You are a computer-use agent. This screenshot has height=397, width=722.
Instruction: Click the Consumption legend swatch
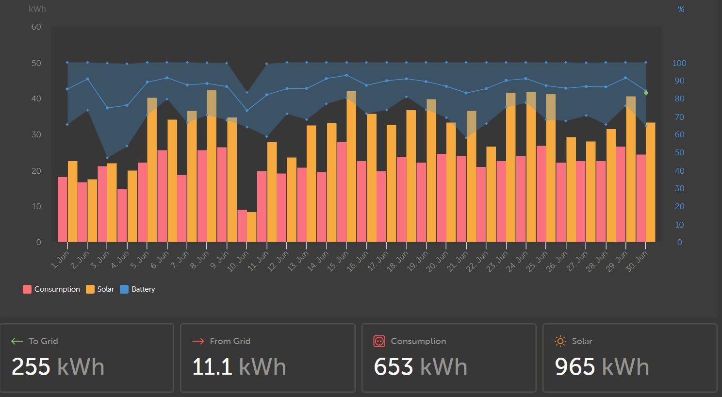point(27,289)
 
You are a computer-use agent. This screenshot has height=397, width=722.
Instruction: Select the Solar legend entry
point(100,289)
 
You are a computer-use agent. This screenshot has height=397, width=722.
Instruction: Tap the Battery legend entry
point(137,289)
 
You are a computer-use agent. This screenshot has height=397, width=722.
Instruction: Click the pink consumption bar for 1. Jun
point(63,209)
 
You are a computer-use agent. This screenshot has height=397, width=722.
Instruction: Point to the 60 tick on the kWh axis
point(36,27)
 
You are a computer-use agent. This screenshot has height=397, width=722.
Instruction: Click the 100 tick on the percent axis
point(679,63)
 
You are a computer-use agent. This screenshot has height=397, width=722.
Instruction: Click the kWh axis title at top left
point(37,9)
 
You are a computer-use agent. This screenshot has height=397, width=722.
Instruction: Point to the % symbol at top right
point(681,9)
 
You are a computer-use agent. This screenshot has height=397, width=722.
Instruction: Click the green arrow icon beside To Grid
point(17,341)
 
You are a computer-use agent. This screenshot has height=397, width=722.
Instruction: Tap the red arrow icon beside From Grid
point(198,341)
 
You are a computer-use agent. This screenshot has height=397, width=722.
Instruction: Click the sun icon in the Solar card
point(560,341)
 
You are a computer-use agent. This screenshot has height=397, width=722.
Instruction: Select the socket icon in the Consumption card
point(379,341)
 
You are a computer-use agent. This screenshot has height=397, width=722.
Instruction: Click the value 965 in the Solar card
point(574,366)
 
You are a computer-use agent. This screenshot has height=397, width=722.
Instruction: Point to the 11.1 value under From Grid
point(212,366)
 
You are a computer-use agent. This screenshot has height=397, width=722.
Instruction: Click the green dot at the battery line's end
point(646,93)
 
